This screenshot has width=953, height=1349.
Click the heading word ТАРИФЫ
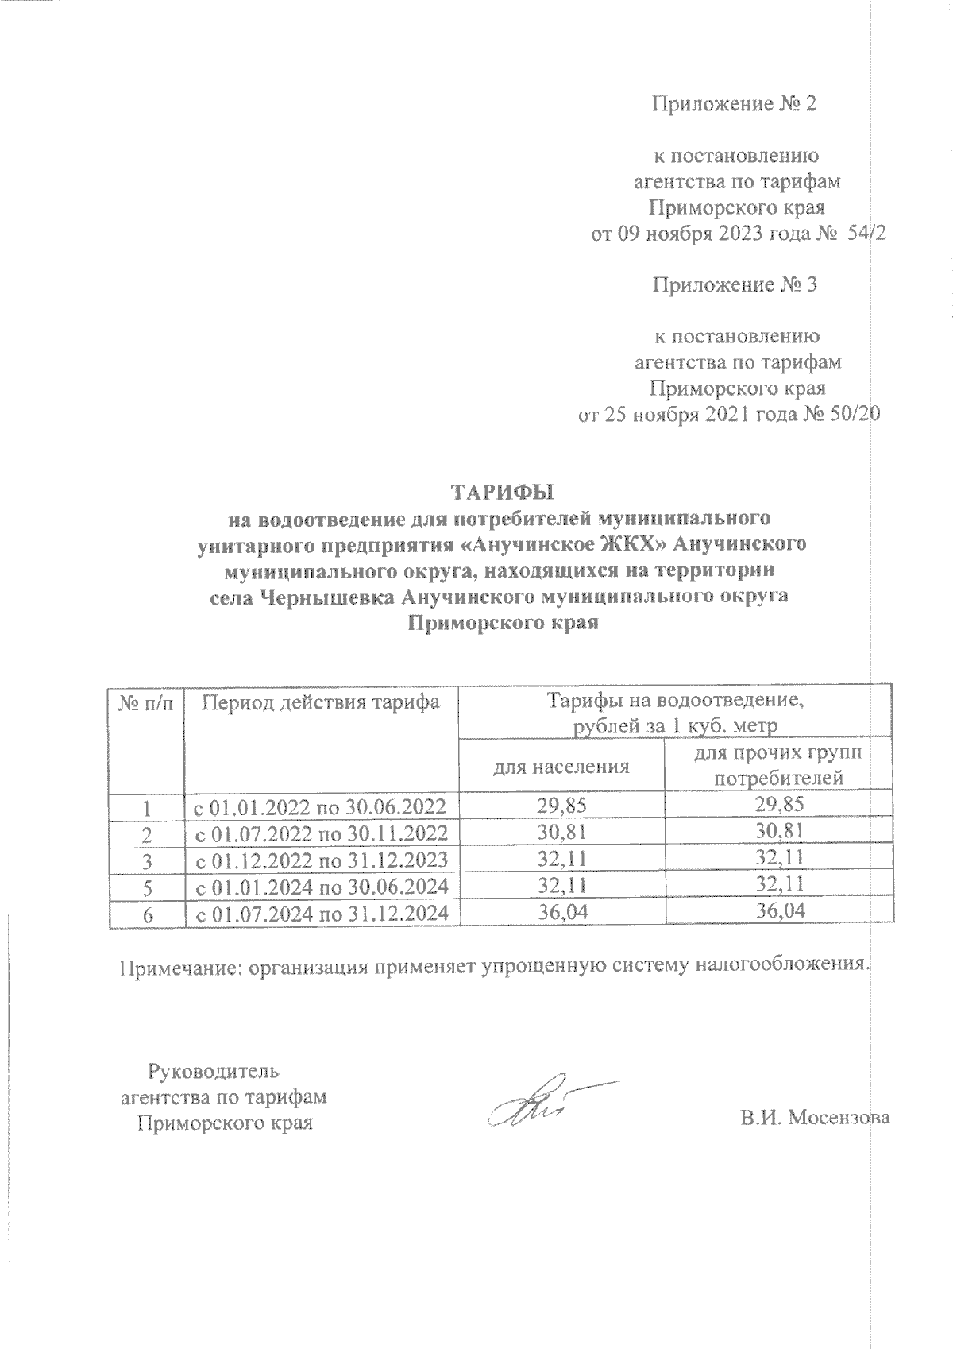(x=500, y=493)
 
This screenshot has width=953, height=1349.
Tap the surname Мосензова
(x=839, y=1117)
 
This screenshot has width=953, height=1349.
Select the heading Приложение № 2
(x=733, y=104)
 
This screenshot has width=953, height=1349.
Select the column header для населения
(x=561, y=767)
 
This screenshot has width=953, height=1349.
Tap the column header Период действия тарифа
(x=322, y=702)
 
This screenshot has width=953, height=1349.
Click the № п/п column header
(x=146, y=702)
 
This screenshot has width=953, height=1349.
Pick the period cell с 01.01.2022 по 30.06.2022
(x=322, y=806)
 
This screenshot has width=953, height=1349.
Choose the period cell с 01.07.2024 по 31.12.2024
(x=322, y=914)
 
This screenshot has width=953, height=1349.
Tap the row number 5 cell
(x=146, y=887)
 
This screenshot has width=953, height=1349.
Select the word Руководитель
(x=214, y=1070)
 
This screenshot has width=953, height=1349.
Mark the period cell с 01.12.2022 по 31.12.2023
(x=322, y=860)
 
